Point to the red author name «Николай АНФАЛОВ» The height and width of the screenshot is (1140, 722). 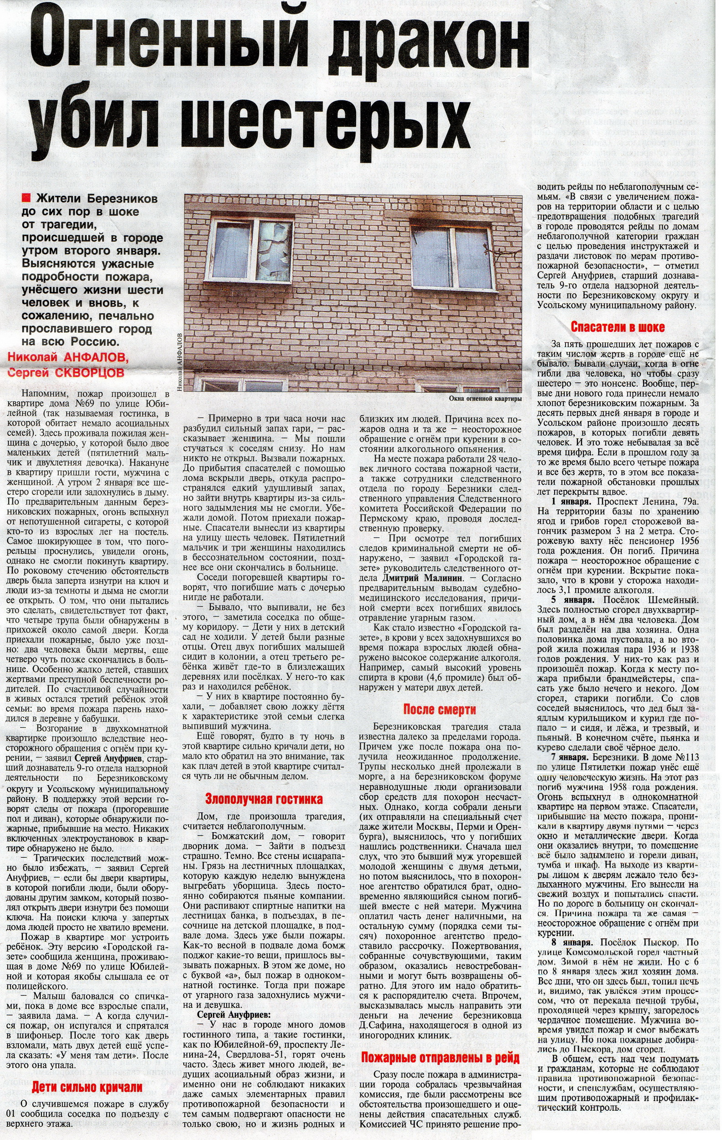point(68,356)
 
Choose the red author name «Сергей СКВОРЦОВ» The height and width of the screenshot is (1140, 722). point(66,372)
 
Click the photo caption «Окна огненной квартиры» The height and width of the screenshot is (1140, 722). point(485,399)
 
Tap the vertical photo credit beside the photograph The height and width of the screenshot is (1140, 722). point(179,362)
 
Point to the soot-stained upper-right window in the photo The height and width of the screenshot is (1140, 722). point(452,258)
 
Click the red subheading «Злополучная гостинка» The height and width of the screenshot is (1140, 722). point(264,798)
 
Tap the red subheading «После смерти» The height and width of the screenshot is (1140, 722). point(439,709)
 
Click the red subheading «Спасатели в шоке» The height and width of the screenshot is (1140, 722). point(618,327)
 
